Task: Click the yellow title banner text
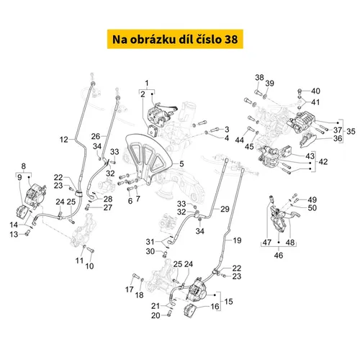pyautogui.click(x=179, y=37)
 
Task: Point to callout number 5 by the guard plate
pyautogui.click(x=181, y=163)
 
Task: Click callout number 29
pyautogui.click(x=225, y=209)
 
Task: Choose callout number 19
pyautogui.click(x=237, y=239)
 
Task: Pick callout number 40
pyautogui.click(x=315, y=90)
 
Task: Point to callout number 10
pyautogui.click(x=90, y=266)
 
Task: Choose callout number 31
pyautogui.click(x=150, y=240)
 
